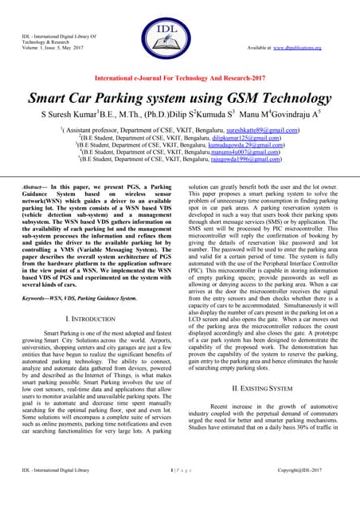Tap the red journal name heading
coord(179,80)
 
